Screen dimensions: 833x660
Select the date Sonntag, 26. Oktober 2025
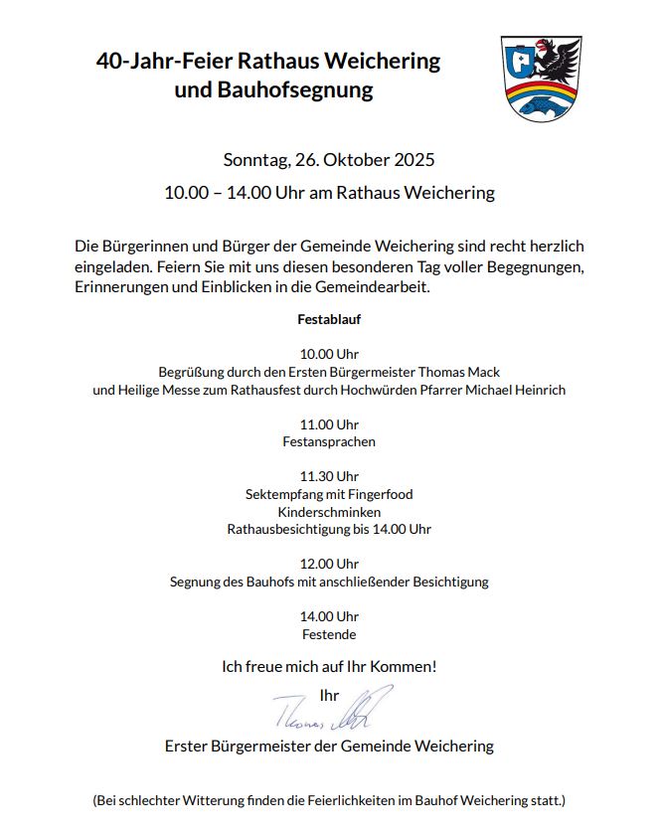pos(329,160)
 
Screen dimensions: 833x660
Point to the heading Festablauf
pos(329,320)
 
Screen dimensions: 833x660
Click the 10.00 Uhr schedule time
pos(329,354)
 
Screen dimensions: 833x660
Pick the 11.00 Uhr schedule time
pos(329,424)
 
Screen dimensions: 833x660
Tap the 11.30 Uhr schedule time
pos(329,476)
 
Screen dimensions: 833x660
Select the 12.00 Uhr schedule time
pos(329,564)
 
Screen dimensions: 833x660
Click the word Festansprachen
pos(329,441)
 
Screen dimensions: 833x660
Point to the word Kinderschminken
pos(329,512)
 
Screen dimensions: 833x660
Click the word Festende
pos(329,634)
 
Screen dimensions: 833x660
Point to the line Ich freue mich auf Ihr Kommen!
pos(329,666)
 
